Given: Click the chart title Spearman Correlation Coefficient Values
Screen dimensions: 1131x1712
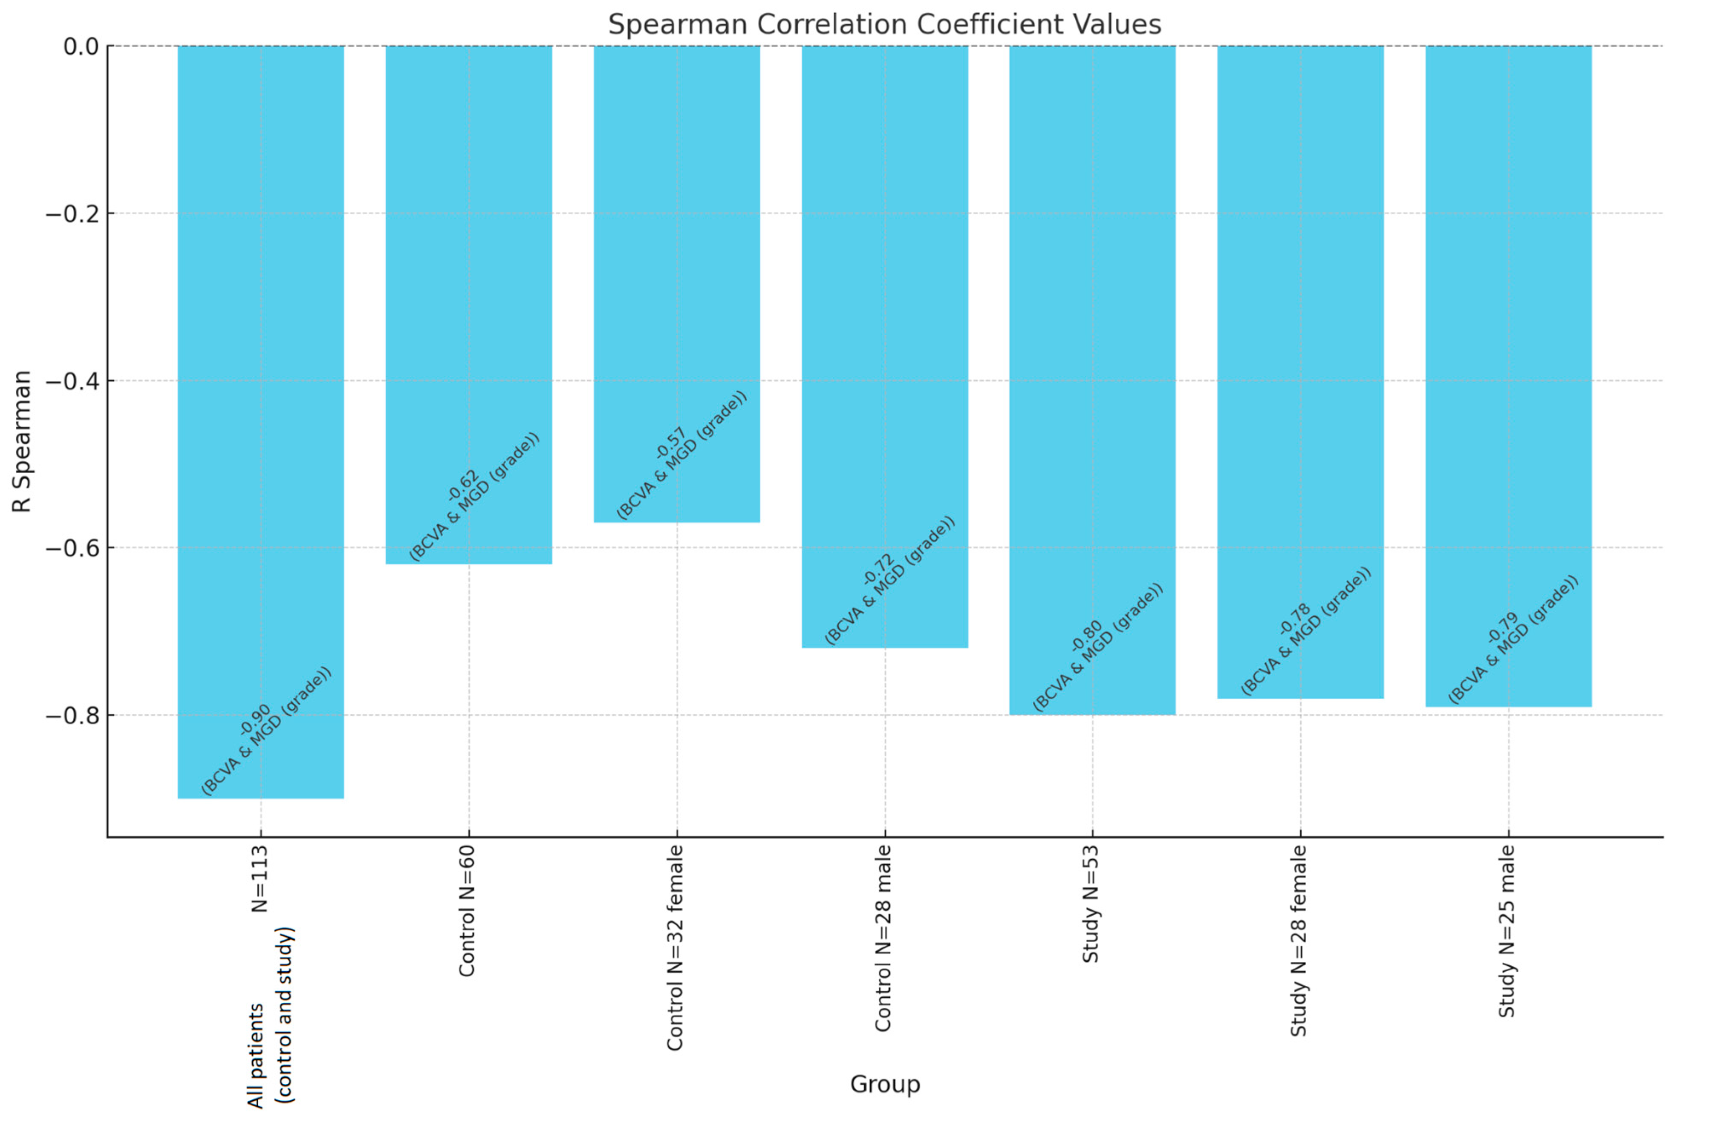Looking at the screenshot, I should (x=884, y=25).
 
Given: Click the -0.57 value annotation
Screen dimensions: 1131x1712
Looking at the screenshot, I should (x=670, y=443).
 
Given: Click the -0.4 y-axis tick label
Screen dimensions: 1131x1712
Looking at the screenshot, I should (x=72, y=381).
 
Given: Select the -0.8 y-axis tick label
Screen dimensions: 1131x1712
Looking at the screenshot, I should (x=72, y=716).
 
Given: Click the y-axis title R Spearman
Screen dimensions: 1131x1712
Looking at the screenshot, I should (x=22, y=441).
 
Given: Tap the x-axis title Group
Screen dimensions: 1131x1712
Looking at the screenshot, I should (x=884, y=1084).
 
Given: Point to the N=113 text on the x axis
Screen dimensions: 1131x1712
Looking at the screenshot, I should (x=260, y=878).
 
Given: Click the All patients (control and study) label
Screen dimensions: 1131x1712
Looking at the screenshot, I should (x=271, y=1017).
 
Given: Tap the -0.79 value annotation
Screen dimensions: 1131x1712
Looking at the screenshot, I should (x=1502, y=626).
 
